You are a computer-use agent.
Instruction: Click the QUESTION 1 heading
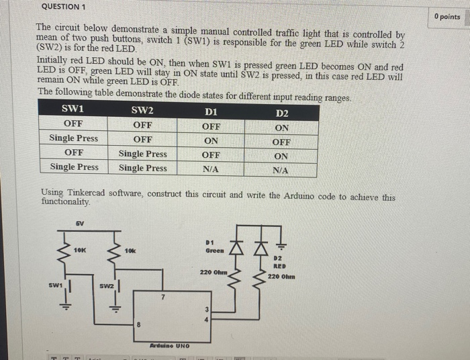pos(63,7)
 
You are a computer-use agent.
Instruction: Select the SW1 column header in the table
pos(73,109)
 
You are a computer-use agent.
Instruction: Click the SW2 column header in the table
pos(142,110)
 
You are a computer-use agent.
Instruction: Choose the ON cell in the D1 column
pos(211,141)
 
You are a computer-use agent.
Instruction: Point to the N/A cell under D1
pos(211,170)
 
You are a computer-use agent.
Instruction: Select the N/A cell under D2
pos(281,171)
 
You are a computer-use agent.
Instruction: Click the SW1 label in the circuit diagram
pos(55,285)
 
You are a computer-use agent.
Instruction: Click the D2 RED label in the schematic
pos(280,262)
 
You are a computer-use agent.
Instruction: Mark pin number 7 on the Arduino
pos(162,296)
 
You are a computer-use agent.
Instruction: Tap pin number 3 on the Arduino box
pos(207,310)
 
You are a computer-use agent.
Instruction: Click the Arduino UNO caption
pos(169,345)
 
